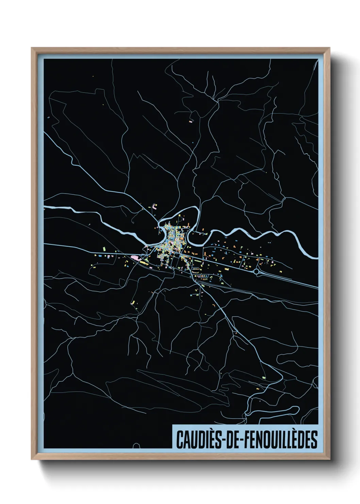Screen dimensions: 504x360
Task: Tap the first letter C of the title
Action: [179, 440]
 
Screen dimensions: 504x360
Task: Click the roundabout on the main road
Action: [257, 271]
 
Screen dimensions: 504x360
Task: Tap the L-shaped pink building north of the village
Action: [155, 206]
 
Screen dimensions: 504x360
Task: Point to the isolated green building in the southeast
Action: [263, 378]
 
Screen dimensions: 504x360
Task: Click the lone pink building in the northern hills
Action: [191, 120]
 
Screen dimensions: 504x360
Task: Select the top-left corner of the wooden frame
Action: [32, 48]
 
